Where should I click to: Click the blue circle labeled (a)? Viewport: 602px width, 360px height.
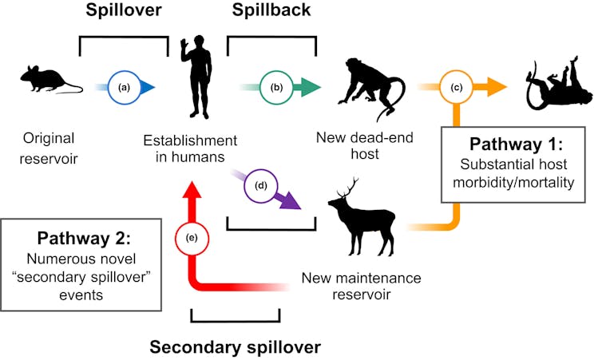point(124,87)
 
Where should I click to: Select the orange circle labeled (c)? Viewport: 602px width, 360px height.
point(456,87)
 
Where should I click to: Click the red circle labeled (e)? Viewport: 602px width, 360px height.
point(191,238)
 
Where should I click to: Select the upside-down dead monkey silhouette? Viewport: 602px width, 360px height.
point(558,85)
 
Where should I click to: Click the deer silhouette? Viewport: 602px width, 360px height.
point(363,216)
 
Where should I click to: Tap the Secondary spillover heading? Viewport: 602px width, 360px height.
point(236,346)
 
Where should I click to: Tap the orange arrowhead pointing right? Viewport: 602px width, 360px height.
point(498,87)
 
